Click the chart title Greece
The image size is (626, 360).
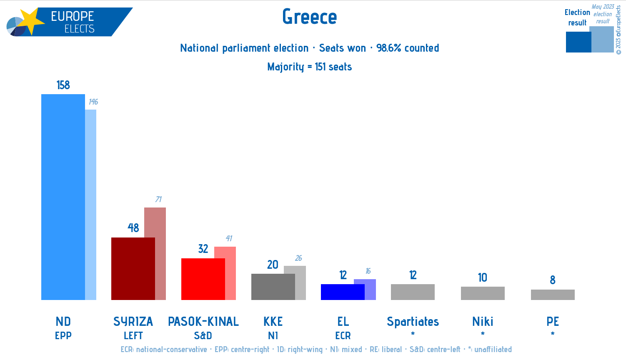point(309,17)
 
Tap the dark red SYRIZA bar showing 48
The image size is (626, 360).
point(133,268)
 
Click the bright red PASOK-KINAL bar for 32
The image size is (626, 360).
point(203,279)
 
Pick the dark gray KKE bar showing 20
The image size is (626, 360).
point(273,287)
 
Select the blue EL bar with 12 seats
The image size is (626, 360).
point(343,292)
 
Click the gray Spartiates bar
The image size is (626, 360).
point(413,292)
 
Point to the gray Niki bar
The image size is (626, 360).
point(483,293)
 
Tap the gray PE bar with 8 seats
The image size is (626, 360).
point(553,295)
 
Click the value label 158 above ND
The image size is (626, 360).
point(63,85)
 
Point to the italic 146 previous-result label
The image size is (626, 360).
point(93,102)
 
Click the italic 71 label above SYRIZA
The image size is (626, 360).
point(158,199)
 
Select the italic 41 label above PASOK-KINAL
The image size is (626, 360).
point(229,238)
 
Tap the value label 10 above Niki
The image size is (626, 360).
point(483,277)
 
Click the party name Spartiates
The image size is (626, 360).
point(413,322)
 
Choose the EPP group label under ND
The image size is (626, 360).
point(63,335)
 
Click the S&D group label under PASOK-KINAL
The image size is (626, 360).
point(203,335)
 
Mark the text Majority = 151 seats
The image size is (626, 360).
point(309,67)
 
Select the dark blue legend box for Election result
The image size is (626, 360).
point(578,42)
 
